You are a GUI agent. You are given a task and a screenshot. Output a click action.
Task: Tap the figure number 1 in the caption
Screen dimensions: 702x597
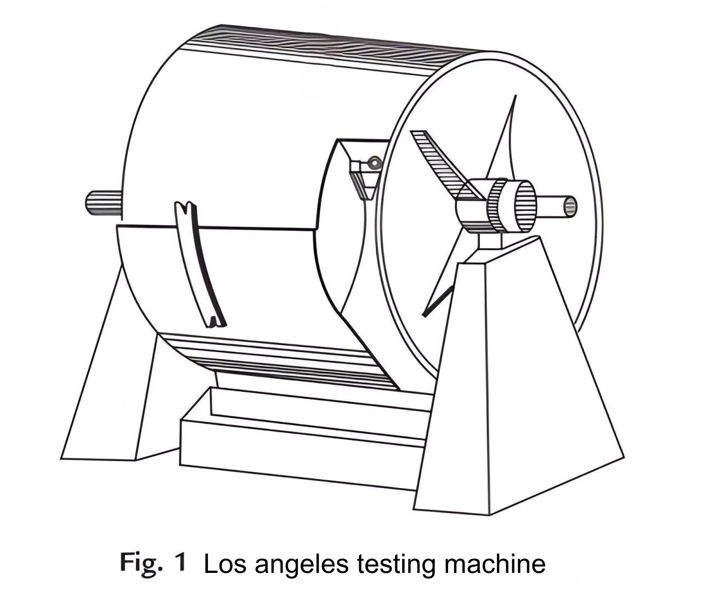click(180, 563)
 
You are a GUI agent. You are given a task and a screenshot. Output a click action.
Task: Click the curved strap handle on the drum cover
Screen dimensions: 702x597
click(197, 263)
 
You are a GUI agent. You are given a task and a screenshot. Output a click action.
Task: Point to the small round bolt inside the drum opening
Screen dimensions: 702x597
click(375, 162)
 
